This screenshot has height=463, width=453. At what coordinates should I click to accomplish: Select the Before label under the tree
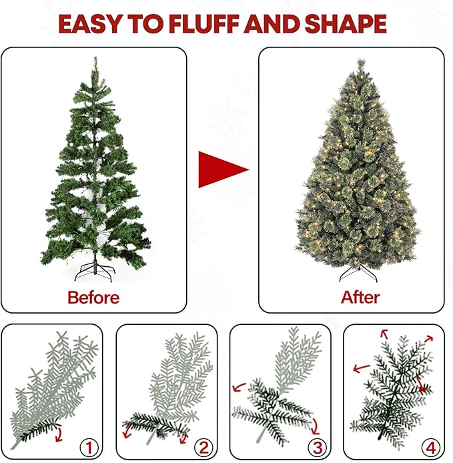[x=93, y=297]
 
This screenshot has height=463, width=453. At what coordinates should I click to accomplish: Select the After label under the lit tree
[x=360, y=297]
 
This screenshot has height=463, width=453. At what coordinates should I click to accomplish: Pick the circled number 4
[x=428, y=446]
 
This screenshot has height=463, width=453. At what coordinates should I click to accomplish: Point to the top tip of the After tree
[x=360, y=61]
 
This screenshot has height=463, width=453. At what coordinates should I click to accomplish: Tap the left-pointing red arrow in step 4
[x=362, y=367]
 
